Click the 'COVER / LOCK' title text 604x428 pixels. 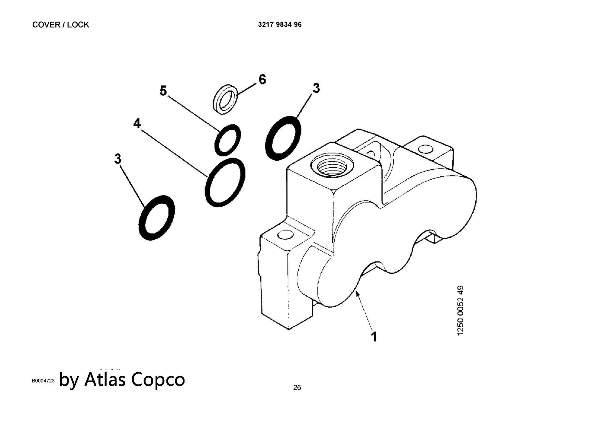coord(61,25)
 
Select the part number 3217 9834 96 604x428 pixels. coord(280,25)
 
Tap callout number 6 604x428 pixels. coord(262,80)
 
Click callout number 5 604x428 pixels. coord(163,90)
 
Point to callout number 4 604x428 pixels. coord(137,123)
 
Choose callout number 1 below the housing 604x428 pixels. coord(374,337)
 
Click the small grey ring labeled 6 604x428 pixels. coord(225,100)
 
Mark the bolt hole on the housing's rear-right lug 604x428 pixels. coord(426,149)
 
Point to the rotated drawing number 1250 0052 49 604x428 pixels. coord(461,310)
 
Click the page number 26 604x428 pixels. coord(297,387)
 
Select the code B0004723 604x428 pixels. coord(43,381)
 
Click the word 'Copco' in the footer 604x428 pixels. coord(158,380)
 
